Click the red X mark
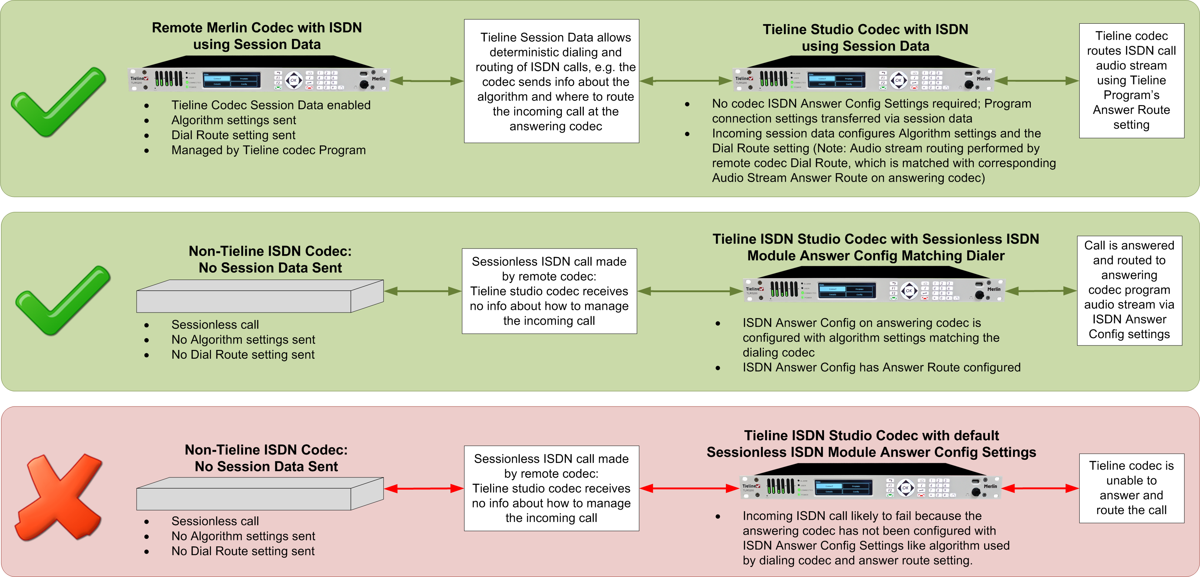pos(60,497)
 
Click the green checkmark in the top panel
pos(58,102)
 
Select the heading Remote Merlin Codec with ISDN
pos(257,28)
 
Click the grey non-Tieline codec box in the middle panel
pos(259,296)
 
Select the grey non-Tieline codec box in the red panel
pos(259,494)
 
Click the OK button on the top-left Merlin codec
pos(294,80)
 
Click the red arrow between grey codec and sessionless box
pos(423,488)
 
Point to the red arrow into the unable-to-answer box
pos(1040,488)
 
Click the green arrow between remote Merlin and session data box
pos(426,81)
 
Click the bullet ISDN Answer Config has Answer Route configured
pos(881,368)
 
